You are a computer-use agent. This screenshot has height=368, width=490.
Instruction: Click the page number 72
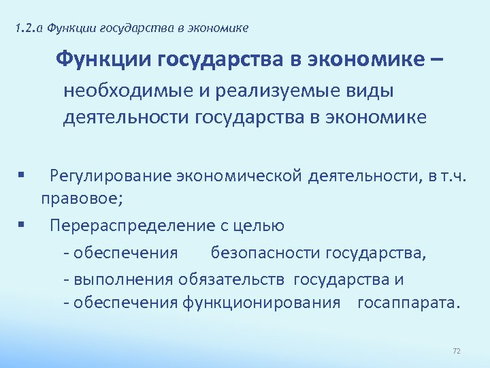(457, 351)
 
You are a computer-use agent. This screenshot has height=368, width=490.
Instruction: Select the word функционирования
(261, 303)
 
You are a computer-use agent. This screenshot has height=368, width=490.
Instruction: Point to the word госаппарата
(408, 303)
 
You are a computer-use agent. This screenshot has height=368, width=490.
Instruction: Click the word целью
(257, 226)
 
